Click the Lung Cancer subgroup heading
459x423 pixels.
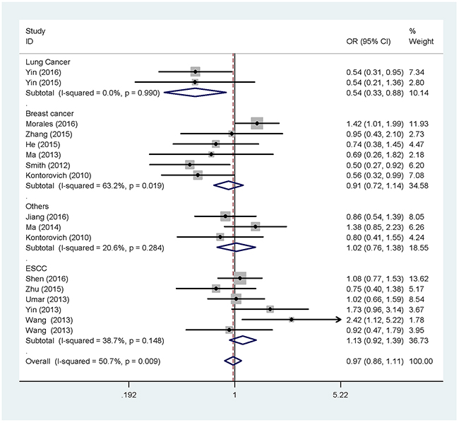44,62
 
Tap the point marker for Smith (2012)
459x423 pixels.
189,164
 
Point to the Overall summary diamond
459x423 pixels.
232,361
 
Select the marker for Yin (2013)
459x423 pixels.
270,309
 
